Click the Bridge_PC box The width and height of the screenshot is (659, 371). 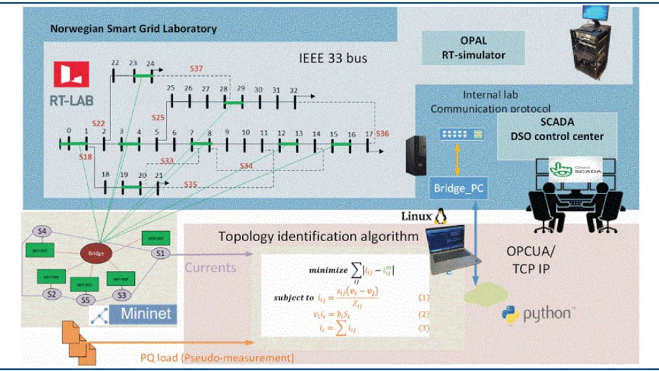tap(458, 188)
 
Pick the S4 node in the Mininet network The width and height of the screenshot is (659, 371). tap(41, 231)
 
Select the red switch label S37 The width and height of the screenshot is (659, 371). tap(196, 69)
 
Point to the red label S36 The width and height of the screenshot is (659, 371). tap(382, 134)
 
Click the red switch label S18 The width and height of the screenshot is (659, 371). tap(86, 157)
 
